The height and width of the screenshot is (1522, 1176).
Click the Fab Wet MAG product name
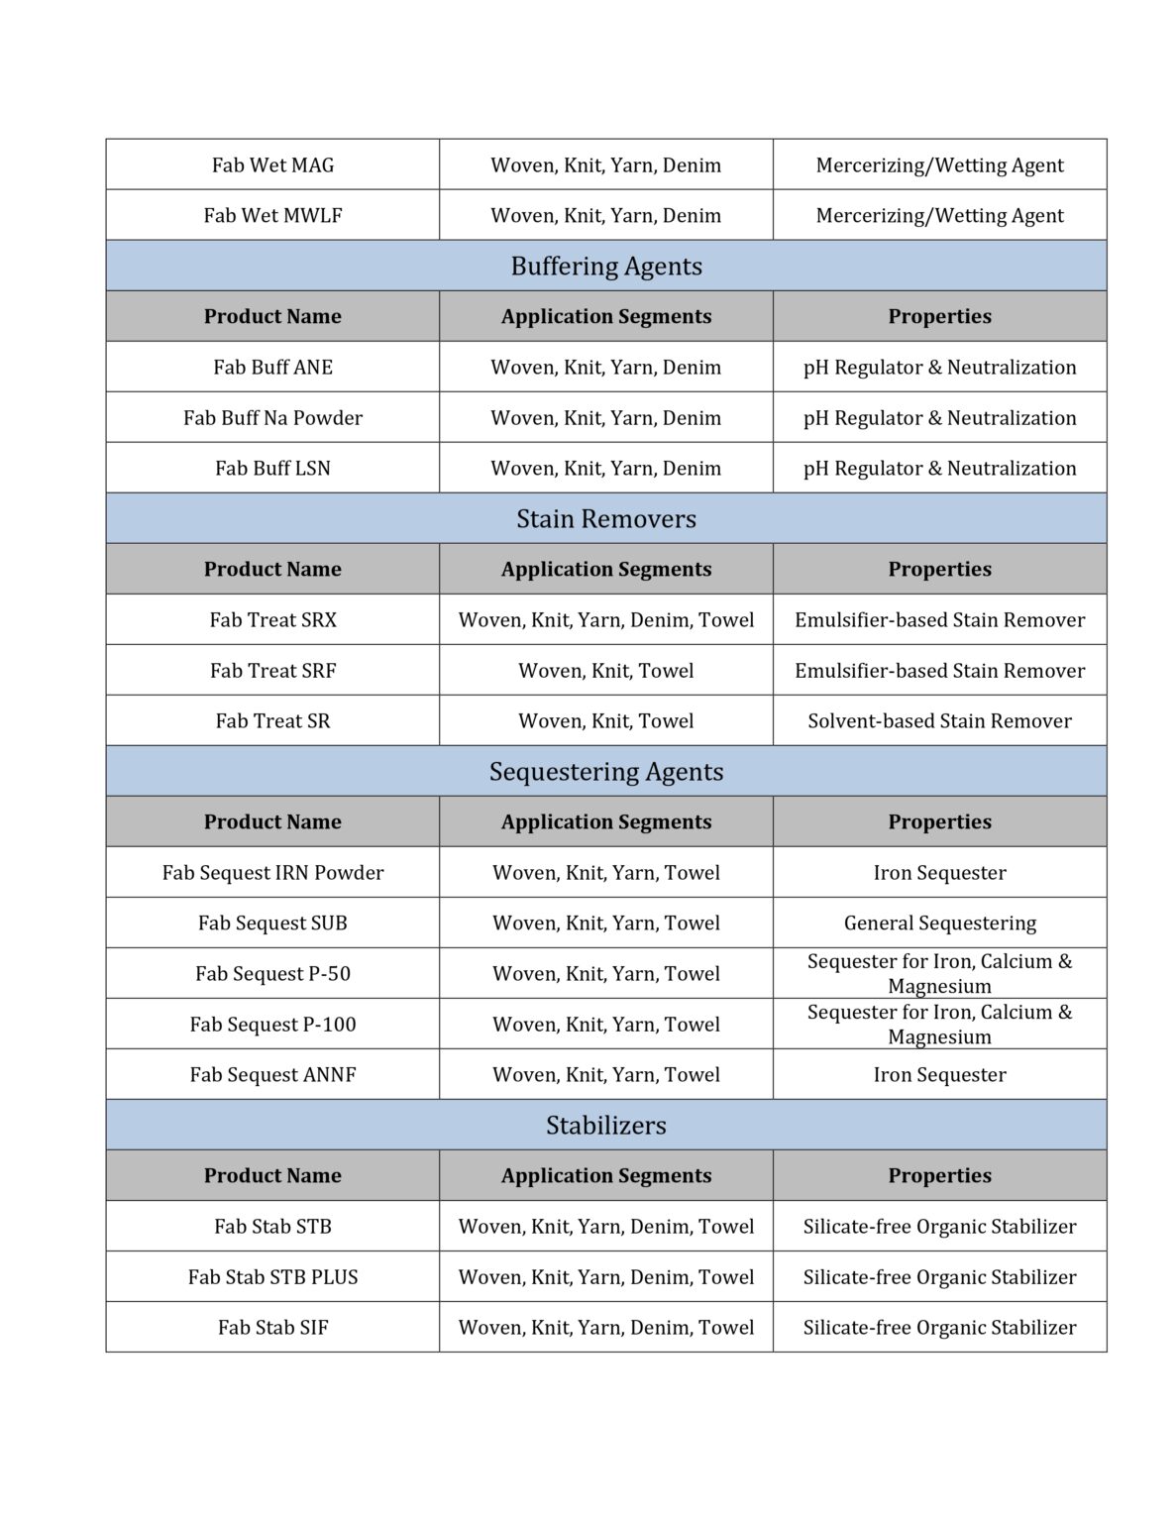(x=272, y=165)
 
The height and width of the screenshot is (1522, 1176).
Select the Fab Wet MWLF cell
(x=272, y=216)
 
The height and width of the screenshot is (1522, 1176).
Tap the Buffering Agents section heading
(x=606, y=267)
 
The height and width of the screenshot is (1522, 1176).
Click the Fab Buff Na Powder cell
(x=272, y=418)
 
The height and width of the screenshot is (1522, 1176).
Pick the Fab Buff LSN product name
(x=272, y=469)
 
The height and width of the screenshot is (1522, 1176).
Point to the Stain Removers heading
(x=606, y=519)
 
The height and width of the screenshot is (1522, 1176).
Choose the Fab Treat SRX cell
(x=272, y=620)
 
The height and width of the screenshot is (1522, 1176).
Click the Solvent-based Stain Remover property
(x=939, y=721)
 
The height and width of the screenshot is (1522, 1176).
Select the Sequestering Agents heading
(x=606, y=772)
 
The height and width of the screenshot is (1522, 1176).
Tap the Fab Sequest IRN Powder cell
(x=272, y=873)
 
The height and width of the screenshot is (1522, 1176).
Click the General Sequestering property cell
(x=939, y=924)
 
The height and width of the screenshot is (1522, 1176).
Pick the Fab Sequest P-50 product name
(x=272, y=974)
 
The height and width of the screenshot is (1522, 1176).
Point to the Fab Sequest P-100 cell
(x=272, y=1025)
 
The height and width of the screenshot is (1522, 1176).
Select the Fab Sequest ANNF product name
(x=272, y=1075)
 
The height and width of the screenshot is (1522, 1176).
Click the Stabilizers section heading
(x=606, y=1126)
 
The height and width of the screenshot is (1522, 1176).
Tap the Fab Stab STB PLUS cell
(x=272, y=1277)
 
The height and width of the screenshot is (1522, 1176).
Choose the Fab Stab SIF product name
(x=272, y=1328)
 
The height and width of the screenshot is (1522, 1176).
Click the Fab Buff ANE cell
(x=272, y=368)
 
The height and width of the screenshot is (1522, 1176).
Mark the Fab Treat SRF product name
(x=272, y=671)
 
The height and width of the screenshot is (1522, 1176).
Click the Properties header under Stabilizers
(x=939, y=1176)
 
